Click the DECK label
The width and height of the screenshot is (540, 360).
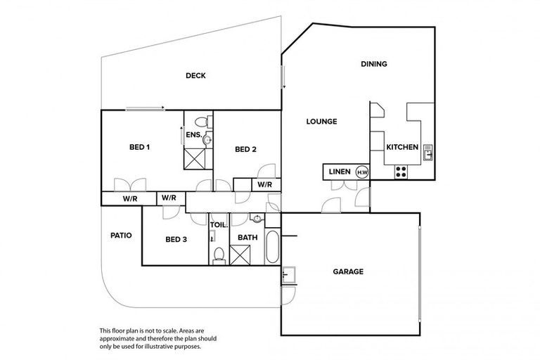[195, 76]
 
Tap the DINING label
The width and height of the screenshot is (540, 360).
[374, 64]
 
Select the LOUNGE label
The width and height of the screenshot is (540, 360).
[321, 122]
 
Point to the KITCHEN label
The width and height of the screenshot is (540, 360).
[402, 147]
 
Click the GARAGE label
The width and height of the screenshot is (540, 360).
[347, 271]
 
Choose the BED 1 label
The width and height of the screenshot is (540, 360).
[139, 147]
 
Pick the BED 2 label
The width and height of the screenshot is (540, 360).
[245, 149]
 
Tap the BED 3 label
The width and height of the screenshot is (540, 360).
[176, 240]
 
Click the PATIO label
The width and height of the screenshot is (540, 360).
[122, 236]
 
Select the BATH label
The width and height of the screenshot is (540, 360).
[247, 238]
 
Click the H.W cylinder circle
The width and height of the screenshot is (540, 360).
[362, 172]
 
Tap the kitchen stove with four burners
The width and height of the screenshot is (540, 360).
[401, 170]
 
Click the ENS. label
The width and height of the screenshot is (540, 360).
[193, 134]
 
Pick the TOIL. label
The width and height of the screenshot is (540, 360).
[219, 225]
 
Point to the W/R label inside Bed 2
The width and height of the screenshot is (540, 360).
[264, 185]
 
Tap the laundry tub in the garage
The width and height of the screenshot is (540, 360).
[287, 274]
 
